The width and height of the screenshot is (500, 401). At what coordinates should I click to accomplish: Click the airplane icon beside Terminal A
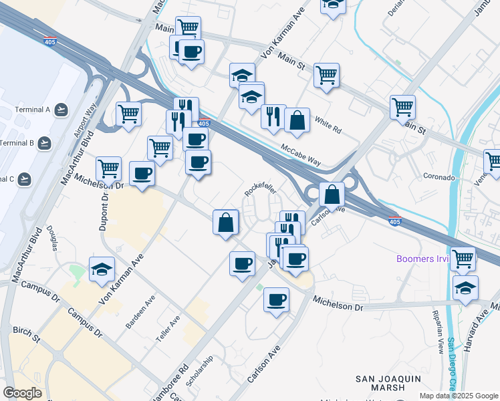pos(61,110)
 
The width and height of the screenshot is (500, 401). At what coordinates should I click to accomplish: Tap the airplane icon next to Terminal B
pos(45,143)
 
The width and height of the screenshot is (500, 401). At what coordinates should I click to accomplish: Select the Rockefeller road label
pos(260,190)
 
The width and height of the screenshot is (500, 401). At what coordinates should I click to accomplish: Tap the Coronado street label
pos(439,178)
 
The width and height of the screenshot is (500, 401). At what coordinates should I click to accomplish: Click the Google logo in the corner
pos(22,394)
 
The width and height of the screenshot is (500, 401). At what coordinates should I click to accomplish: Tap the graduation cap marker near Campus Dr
pos(102,269)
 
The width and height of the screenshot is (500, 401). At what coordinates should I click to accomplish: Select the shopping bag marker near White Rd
pos(297,121)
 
